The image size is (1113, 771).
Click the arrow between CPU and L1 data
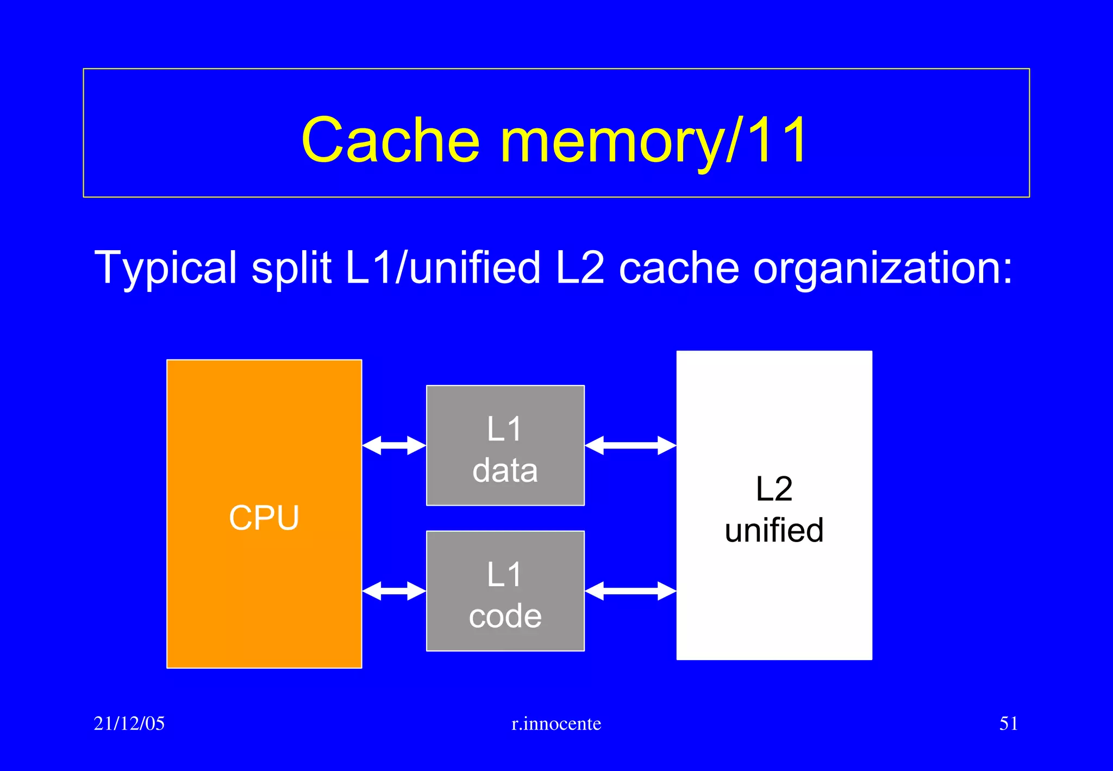(394, 445)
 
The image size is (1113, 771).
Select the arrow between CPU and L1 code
(394, 590)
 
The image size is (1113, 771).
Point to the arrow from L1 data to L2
(630, 445)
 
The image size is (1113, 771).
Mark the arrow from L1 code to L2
(630, 590)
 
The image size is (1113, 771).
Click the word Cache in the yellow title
(391, 140)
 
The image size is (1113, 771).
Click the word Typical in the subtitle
(166, 268)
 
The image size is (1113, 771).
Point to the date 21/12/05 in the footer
(129, 723)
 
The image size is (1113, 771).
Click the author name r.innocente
(556, 724)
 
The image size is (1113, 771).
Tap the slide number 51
(1008, 723)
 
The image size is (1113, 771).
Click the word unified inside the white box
(774, 530)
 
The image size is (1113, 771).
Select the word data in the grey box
(505, 470)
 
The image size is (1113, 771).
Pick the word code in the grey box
(505, 616)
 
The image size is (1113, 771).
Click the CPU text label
(264, 517)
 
